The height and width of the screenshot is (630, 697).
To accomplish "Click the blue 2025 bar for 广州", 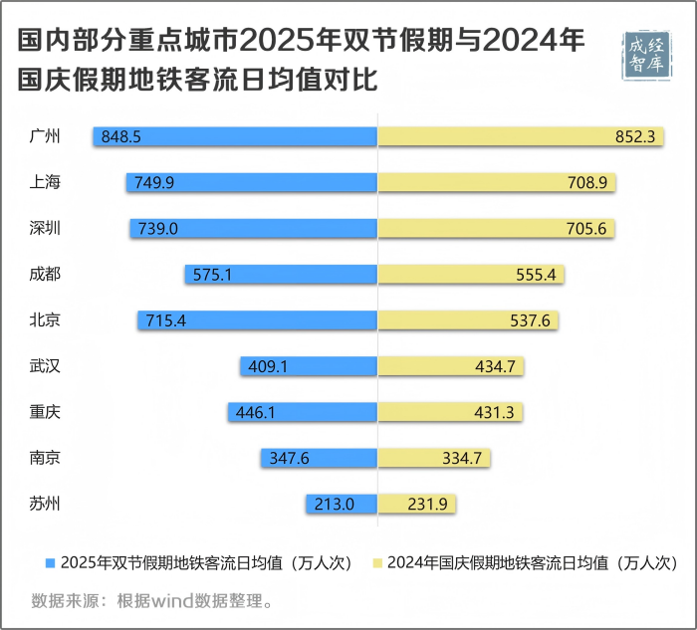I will (x=235, y=136).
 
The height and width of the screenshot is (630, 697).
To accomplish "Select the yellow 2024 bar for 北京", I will (x=468, y=320).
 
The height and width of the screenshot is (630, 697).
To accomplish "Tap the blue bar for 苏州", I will (x=341, y=505).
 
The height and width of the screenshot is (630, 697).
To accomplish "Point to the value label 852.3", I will (x=634, y=136).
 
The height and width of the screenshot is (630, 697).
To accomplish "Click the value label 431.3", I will (x=496, y=412).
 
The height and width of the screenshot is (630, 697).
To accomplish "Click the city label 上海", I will (x=46, y=182).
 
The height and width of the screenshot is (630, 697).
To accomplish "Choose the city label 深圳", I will (x=46, y=228).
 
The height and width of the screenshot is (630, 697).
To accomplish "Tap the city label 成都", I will (x=46, y=275).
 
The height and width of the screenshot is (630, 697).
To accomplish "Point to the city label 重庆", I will (x=46, y=412).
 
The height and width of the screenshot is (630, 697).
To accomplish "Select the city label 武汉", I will (x=46, y=366).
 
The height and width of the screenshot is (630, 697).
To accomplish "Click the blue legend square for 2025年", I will (x=49, y=562).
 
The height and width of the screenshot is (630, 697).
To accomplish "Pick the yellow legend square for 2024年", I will (x=375, y=562).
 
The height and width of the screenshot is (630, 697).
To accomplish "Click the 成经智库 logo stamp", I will (x=648, y=56).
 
